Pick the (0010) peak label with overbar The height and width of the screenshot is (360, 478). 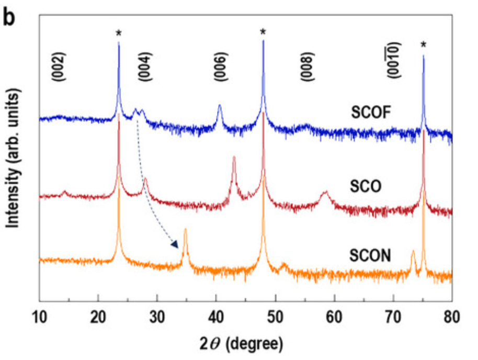[x=394, y=62]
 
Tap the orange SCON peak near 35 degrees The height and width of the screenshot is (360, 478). [x=185, y=231]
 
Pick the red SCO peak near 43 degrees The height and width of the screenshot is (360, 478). [x=234, y=159]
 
